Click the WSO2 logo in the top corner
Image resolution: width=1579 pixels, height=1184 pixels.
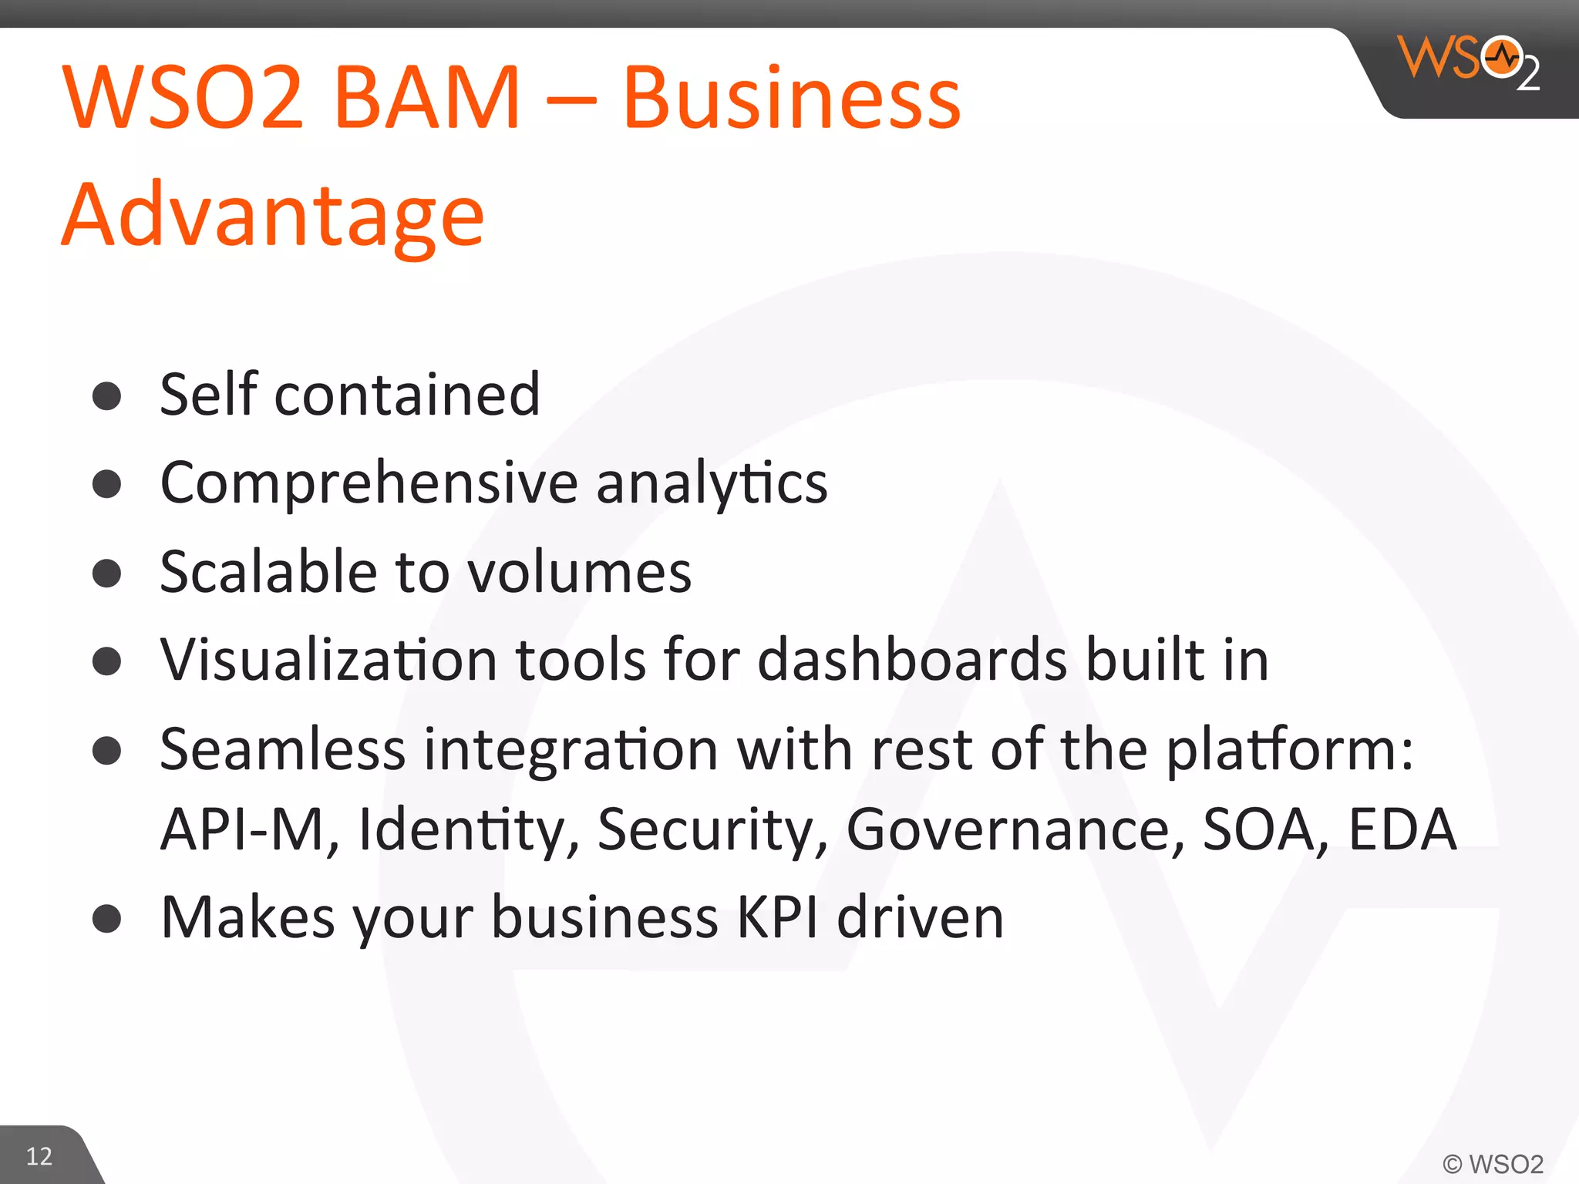[1468, 62]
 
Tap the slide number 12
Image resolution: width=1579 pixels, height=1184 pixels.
[39, 1156]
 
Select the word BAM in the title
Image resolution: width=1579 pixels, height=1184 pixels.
[427, 98]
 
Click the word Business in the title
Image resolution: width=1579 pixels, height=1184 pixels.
[792, 98]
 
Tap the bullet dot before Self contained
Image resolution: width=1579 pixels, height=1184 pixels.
[106, 396]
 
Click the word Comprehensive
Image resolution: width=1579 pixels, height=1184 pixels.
[369, 483]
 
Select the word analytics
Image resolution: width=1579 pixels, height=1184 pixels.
[711, 483]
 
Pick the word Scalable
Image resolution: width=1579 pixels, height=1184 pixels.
[268, 572]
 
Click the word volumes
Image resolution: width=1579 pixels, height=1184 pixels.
[580, 572]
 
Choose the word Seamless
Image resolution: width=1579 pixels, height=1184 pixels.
[282, 749]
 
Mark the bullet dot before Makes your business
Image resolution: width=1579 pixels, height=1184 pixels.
[106, 919]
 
